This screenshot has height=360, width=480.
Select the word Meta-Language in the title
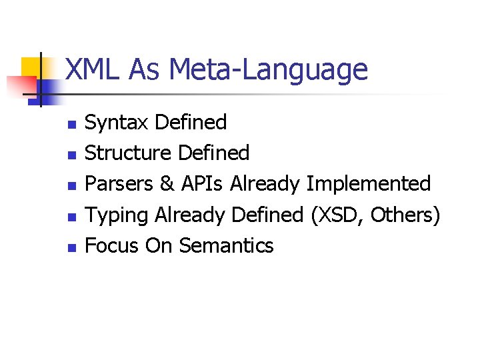tap(268, 69)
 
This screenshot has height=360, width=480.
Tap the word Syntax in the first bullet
tap(117, 123)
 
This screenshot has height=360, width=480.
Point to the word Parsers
tap(119, 184)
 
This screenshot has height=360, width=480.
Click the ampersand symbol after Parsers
tap(167, 184)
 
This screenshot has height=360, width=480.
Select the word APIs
tap(203, 184)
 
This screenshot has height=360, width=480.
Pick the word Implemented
tap(369, 184)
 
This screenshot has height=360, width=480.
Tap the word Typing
tap(117, 215)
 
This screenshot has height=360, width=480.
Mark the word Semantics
tap(227, 246)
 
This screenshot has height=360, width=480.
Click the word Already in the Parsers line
tap(265, 184)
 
